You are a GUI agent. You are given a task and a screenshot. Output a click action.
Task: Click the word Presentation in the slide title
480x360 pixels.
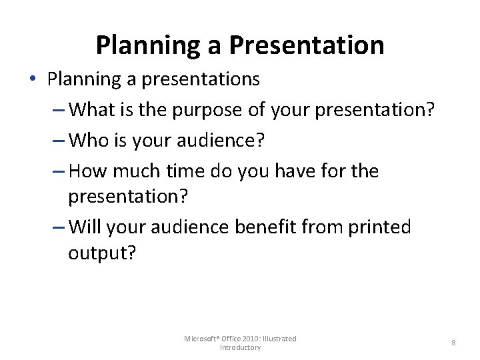307,45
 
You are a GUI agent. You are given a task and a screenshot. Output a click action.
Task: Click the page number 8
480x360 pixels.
453,343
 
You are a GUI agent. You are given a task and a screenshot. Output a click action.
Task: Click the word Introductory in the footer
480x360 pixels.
240,348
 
